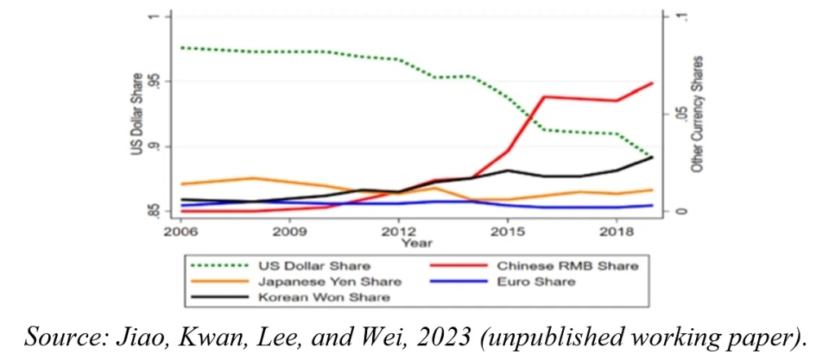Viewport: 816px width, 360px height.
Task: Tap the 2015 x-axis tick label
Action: (x=508, y=230)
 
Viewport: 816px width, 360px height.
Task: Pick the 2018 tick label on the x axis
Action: (x=616, y=230)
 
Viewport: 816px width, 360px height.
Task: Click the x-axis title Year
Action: (x=416, y=242)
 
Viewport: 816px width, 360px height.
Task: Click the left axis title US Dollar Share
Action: (x=136, y=114)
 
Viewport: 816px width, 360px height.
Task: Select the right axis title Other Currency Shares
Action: (x=698, y=114)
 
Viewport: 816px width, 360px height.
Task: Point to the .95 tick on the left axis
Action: (x=154, y=82)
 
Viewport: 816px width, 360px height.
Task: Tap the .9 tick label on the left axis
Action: (x=154, y=146)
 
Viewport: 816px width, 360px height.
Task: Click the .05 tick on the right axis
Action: (x=679, y=114)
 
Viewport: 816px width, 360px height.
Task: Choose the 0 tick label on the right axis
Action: (x=679, y=211)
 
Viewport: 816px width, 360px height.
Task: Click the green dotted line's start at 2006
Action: (x=181, y=47)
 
